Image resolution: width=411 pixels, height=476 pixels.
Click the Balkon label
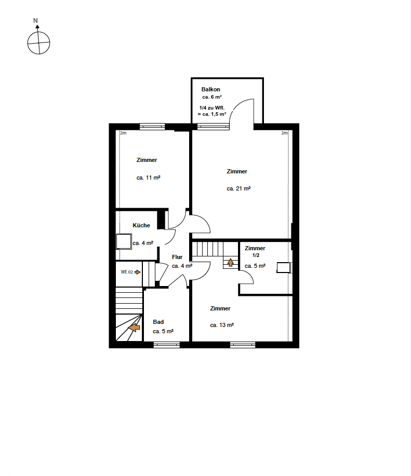click(x=210, y=89)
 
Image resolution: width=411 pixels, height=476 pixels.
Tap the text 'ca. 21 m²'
click(x=238, y=188)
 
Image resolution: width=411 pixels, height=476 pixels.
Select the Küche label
click(x=141, y=225)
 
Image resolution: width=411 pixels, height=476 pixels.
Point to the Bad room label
click(x=158, y=322)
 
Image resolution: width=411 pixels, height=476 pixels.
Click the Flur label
click(x=177, y=257)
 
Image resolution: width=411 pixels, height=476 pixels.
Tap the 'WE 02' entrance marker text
click(x=127, y=272)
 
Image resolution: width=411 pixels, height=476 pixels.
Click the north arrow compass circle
click(x=38, y=43)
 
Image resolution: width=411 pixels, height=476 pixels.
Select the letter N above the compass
click(x=35, y=21)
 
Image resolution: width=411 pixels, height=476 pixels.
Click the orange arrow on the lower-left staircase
click(x=134, y=328)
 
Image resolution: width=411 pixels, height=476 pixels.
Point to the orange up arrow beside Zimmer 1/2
click(x=231, y=262)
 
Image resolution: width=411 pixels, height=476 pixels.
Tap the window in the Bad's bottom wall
click(x=166, y=345)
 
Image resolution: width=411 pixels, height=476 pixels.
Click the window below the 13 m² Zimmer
click(x=243, y=345)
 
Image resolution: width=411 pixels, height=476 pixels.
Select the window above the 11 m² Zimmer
click(x=152, y=127)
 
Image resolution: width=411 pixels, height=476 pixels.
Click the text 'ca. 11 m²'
click(x=148, y=178)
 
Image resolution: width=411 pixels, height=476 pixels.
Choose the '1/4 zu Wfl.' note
click(x=212, y=108)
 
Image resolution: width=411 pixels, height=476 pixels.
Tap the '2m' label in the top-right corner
click(x=284, y=133)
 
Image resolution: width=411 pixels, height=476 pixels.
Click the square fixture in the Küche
click(x=124, y=242)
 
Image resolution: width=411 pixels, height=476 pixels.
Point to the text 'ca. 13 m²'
click(x=222, y=325)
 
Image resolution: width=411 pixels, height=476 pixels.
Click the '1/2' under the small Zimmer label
click(x=256, y=255)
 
